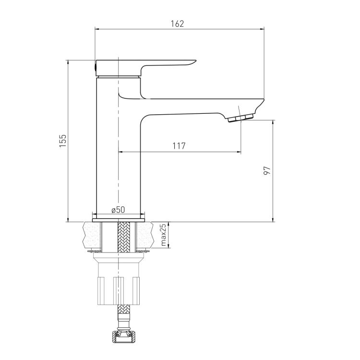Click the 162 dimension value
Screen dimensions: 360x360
click(x=177, y=24)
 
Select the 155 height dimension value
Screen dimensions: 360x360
click(x=63, y=141)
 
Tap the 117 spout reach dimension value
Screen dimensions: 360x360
click(x=179, y=146)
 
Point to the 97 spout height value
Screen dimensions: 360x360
click(x=267, y=170)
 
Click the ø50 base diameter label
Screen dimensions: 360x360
click(x=118, y=210)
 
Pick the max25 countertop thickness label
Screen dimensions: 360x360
click(x=164, y=235)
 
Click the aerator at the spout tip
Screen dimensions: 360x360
click(x=240, y=118)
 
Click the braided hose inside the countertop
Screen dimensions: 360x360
click(x=124, y=237)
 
